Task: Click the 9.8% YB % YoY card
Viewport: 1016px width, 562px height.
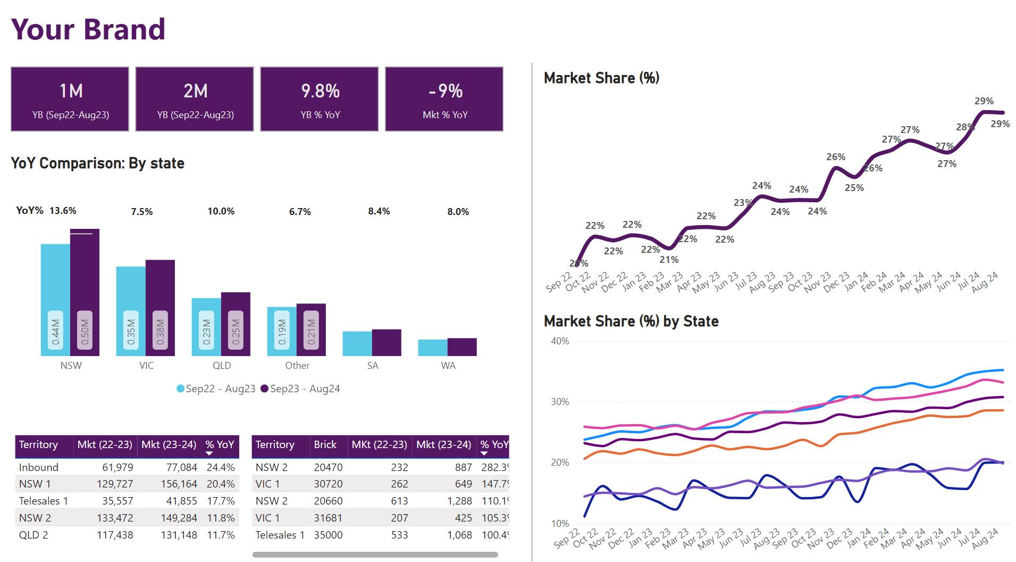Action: click(x=319, y=99)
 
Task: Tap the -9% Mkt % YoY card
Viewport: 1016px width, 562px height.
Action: click(x=444, y=99)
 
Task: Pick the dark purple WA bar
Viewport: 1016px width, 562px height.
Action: click(x=462, y=347)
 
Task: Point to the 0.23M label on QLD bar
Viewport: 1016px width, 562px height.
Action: click(x=206, y=331)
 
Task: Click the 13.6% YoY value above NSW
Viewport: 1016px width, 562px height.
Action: click(x=63, y=211)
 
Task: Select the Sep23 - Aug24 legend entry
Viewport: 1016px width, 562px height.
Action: click(x=300, y=389)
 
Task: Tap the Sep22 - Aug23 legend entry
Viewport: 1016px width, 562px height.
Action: click(x=216, y=389)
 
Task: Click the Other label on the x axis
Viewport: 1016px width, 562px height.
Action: click(x=297, y=366)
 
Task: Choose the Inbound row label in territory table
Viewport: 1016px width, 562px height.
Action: click(x=39, y=467)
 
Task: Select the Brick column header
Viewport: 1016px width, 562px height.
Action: click(x=325, y=444)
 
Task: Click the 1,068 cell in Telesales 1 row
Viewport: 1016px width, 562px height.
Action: click(x=458, y=535)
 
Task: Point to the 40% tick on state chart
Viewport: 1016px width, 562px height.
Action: click(x=560, y=341)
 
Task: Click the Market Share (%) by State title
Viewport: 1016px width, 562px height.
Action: click(x=631, y=321)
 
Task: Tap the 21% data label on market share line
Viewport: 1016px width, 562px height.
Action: click(x=669, y=260)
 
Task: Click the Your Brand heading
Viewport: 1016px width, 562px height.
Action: click(x=88, y=29)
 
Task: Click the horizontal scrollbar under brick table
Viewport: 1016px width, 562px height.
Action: click(x=375, y=555)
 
